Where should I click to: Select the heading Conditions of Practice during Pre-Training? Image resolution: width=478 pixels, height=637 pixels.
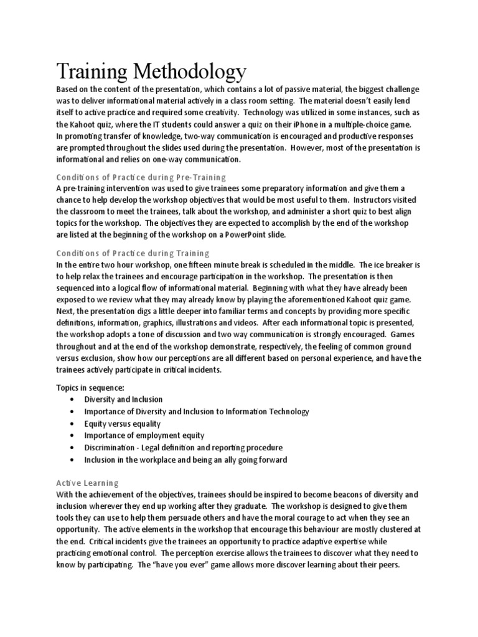point(141,177)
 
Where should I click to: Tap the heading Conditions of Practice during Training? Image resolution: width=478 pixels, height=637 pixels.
point(133,253)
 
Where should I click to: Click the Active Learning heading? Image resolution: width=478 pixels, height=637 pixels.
point(87,483)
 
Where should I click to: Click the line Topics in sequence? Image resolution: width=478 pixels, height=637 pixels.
point(91,388)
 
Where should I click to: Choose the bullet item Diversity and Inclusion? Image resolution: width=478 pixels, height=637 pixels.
point(124,399)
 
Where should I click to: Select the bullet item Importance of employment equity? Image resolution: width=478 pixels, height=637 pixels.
point(144,435)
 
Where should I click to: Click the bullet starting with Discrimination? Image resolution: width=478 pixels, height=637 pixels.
point(183,447)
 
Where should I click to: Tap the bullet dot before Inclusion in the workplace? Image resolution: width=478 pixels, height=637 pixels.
point(75,460)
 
